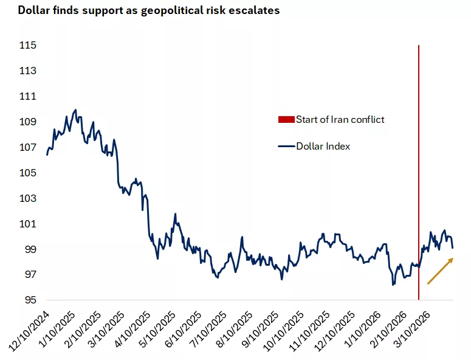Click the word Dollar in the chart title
[x=34, y=11]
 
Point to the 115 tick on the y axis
[x=28, y=46]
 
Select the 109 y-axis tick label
[x=28, y=122]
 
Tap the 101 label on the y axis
[x=28, y=224]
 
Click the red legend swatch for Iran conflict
[x=286, y=119]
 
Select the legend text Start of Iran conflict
[x=340, y=119]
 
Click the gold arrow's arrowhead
[x=450, y=260]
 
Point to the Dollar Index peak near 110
[x=75, y=110]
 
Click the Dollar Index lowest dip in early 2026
[x=393, y=284]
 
